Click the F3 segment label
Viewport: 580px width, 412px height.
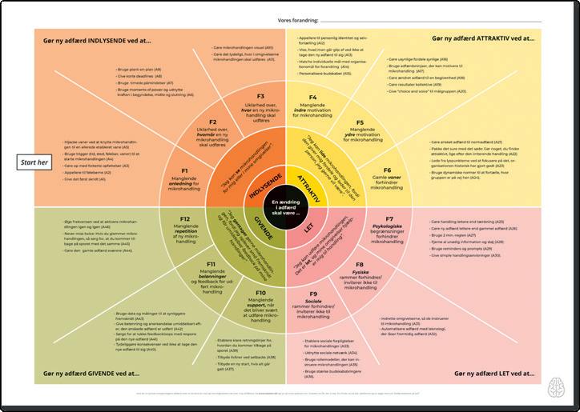(260, 96)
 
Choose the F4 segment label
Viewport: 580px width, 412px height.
(313, 98)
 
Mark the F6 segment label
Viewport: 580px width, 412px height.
(387, 170)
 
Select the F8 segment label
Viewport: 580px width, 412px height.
(360, 264)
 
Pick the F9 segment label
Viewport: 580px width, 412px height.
(314, 294)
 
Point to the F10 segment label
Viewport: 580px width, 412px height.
(260, 294)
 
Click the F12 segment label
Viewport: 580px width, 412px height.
(184, 218)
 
